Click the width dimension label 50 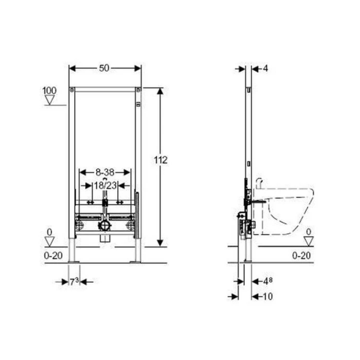pyautogui.click(x=104, y=68)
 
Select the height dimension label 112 pyautogui.click(x=160, y=160)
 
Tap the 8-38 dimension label pyautogui.click(x=105, y=172)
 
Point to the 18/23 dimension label pyautogui.click(x=106, y=186)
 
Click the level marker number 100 pyautogui.click(x=49, y=90)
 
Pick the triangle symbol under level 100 pyautogui.click(x=50, y=100)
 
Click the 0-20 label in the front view pyautogui.click(x=53, y=255)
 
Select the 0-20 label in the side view pyautogui.click(x=302, y=255)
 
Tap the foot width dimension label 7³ pyautogui.click(x=74, y=282)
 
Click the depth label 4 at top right pyautogui.click(x=265, y=68)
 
